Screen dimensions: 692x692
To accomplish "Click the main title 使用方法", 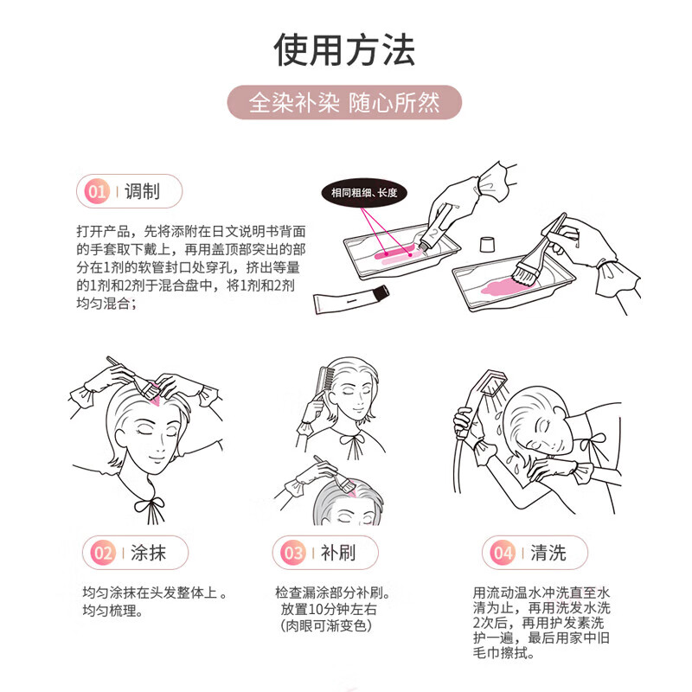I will (345, 49).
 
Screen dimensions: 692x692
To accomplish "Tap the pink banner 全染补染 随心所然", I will (345, 103).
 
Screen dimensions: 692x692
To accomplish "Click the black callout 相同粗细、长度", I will (364, 193).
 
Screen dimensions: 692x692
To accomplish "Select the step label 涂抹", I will (148, 553).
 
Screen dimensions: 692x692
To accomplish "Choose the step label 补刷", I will (337, 553).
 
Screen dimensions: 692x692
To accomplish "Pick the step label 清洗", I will (548, 553).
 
